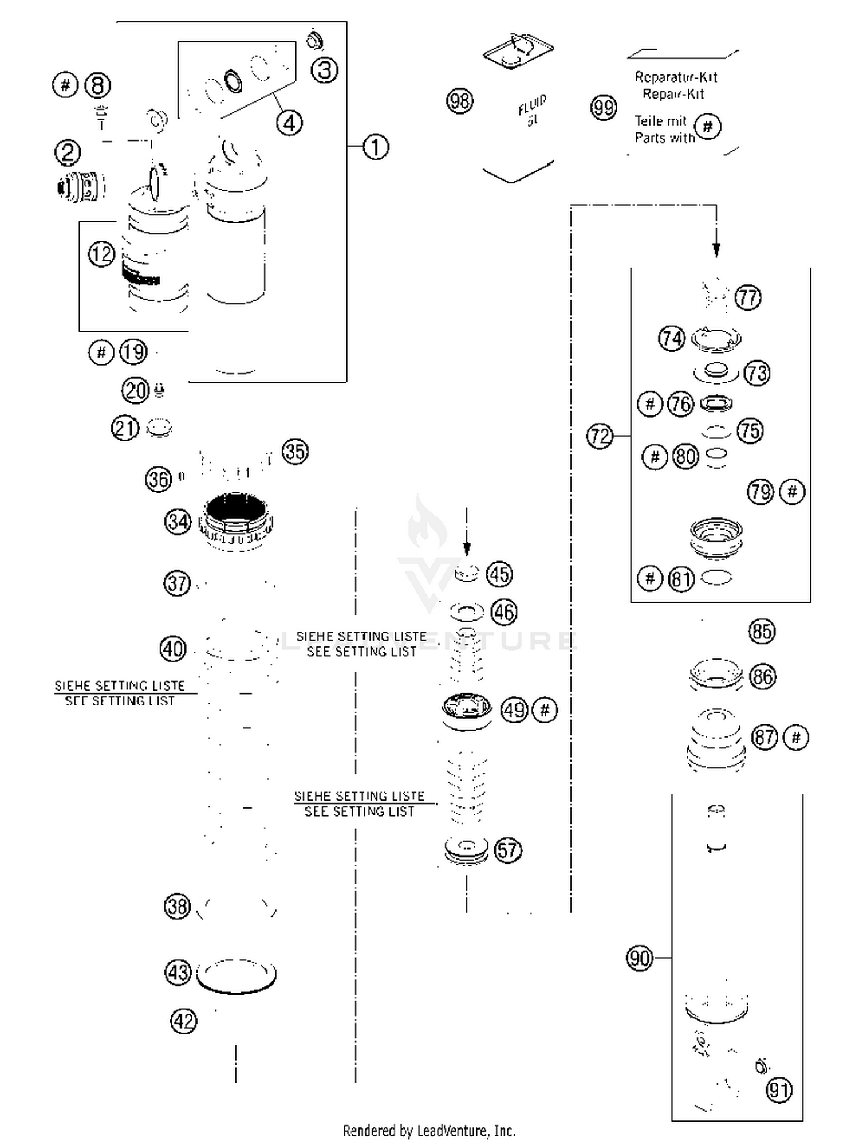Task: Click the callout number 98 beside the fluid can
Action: click(459, 101)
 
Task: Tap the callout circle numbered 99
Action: click(603, 107)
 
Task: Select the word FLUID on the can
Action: click(532, 105)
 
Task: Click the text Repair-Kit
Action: click(673, 94)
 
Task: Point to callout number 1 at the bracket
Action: click(376, 147)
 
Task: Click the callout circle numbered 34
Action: click(178, 521)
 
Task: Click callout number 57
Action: click(507, 850)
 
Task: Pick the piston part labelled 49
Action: click(467, 711)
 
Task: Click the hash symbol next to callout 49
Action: click(545, 711)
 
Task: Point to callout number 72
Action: click(600, 436)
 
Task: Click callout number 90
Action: click(639, 958)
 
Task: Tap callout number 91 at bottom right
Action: click(779, 1089)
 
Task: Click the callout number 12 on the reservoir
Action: click(101, 254)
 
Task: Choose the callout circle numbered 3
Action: click(325, 70)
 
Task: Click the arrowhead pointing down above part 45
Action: click(467, 550)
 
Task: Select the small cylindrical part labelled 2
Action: click(82, 187)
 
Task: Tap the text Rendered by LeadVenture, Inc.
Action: click(429, 1131)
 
